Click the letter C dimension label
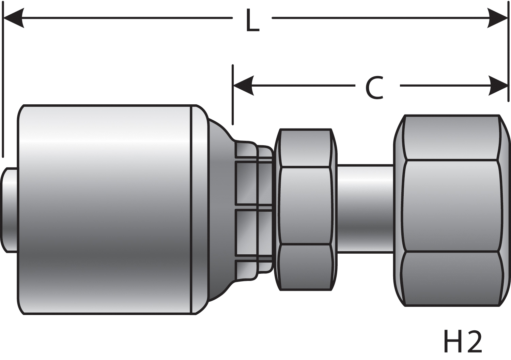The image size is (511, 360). (x=375, y=88)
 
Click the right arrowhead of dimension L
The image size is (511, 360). (x=498, y=18)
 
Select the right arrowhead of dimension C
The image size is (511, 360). (x=498, y=86)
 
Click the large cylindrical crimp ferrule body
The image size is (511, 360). (x=106, y=210)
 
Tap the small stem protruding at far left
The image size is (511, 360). (x=10, y=210)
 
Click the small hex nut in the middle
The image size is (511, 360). (x=306, y=206)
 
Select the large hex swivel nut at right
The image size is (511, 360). (x=451, y=206)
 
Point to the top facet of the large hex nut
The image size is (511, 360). (x=451, y=137)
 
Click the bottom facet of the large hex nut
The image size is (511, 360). (x=451, y=279)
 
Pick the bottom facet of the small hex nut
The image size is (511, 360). (x=306, y=267)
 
